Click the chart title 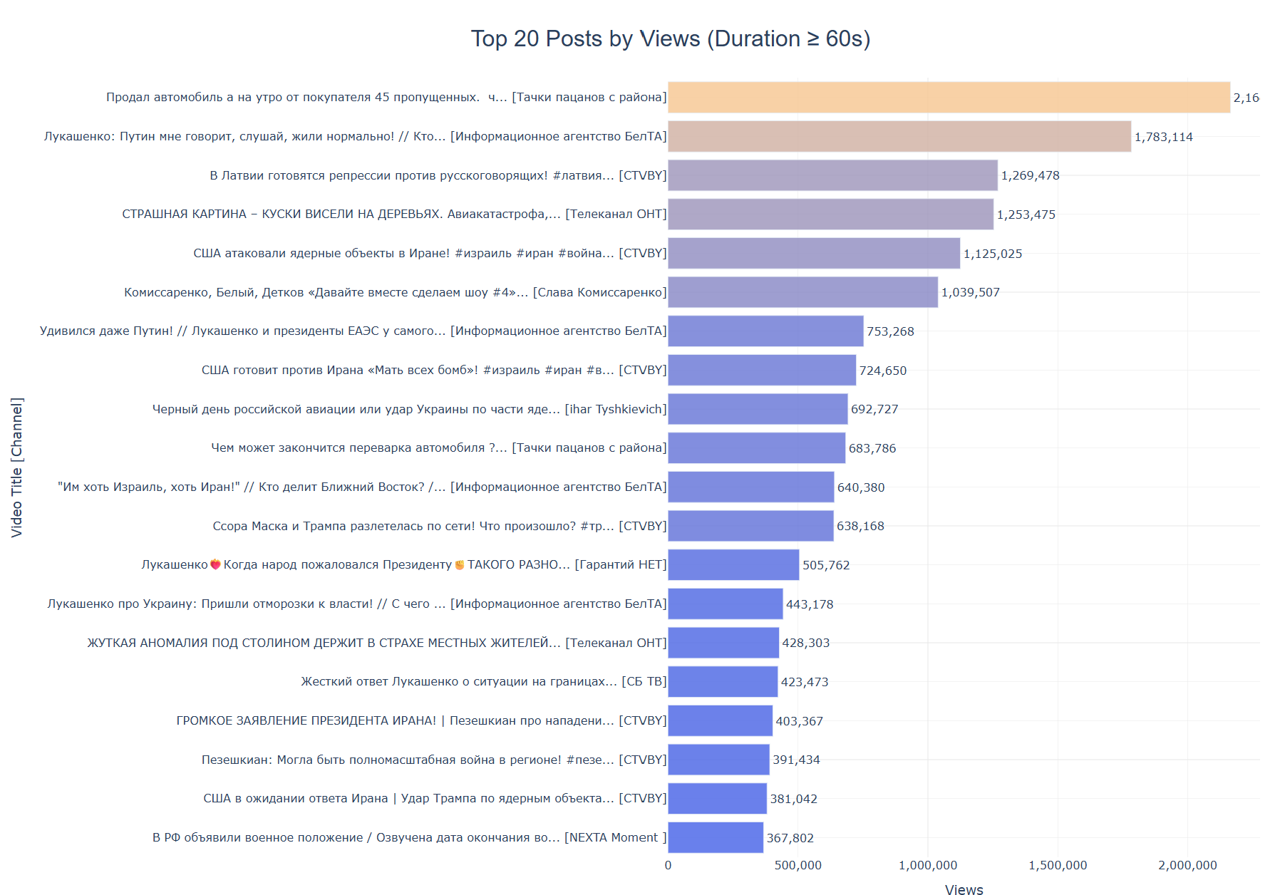(x=670, y=38)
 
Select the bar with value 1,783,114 (x=899, y=136)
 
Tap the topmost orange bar (x=949, y=97)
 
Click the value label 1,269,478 (x=1030, y=175)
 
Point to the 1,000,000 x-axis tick (x=927, y=865)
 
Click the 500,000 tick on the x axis (x=798, y=865)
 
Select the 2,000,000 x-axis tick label (x=1187, y=865)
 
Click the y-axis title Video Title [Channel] (x=16, y=467)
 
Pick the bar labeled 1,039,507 (x=802, y=292)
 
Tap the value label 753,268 (x=890, y=331)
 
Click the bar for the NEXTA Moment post (x=715, y=837)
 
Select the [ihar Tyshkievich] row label (x=409, y=409)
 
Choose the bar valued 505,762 (x=733, y=564)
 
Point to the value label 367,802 (x=790, y=838)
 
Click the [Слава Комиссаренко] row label (x=395, y=292)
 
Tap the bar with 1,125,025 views (x=813, y=253)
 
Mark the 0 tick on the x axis (x=668, y=865)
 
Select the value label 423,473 (x=804, y=682)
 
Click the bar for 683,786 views (x=756, y=447)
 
